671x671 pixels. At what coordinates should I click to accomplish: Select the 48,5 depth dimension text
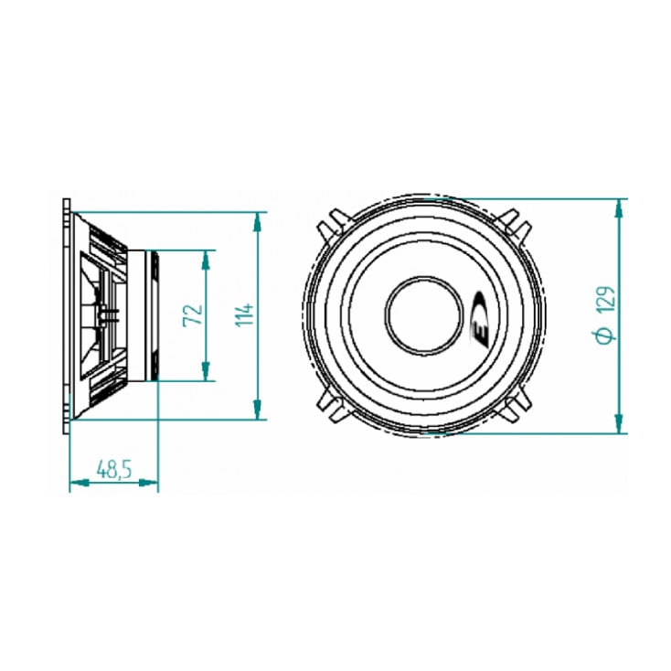click(x=114, y=469)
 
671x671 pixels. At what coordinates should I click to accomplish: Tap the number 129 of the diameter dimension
click(x=604, y=302)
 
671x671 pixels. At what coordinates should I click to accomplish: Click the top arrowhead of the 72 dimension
click(x=206, y=259)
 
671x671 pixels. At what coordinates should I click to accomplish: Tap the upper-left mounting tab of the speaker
click(x=331, y=222)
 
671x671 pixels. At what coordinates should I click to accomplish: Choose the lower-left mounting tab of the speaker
click(x=331, y=409)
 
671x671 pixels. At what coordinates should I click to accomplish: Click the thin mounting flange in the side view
click(x=66, y=315)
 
